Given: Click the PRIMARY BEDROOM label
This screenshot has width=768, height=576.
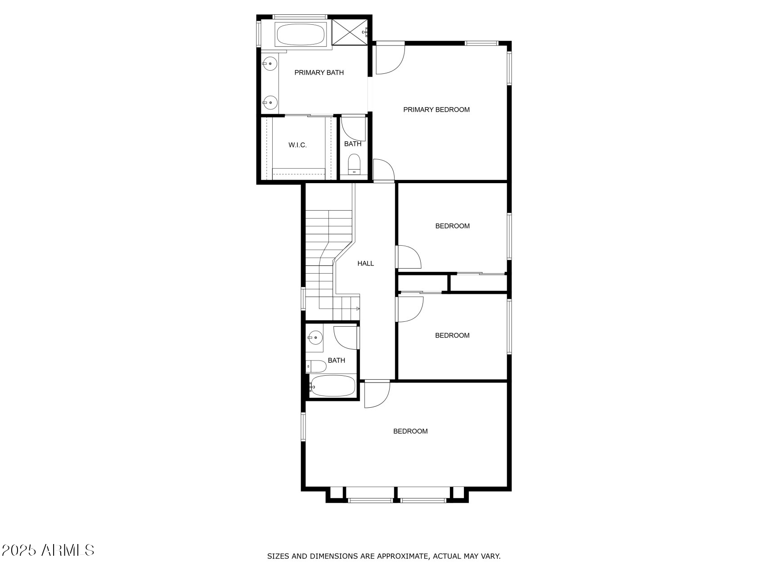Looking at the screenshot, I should [436, 109].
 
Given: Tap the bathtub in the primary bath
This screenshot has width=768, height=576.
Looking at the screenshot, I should [300, 34].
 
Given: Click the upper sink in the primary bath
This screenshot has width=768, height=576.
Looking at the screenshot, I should [269, 64].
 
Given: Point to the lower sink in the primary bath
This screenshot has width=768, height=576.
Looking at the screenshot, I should [269, 103].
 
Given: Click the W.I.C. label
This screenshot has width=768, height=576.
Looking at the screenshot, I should [297, 145].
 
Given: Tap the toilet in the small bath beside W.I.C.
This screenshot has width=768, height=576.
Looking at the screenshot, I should [355, 164].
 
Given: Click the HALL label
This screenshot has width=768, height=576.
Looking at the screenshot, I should [365, 263].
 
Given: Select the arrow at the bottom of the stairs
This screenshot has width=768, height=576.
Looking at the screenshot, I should [358, 308].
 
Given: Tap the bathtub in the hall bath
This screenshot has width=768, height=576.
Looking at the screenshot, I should [333, 386].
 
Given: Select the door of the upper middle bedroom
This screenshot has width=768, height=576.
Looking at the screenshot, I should [408, 257].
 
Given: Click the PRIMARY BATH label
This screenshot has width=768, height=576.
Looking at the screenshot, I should [319, 72].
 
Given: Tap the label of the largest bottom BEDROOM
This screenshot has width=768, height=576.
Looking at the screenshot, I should [410, 431].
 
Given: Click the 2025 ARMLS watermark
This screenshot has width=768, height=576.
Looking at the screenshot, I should [48, 550].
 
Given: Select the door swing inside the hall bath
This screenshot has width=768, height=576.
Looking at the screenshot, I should [345, 337].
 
